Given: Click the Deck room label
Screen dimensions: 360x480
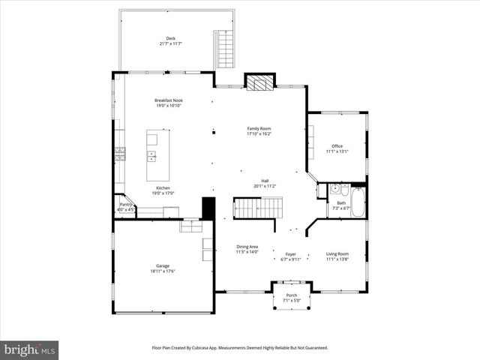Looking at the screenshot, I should point(170,38).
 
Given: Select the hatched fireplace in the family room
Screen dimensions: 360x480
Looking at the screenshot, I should point(259,83).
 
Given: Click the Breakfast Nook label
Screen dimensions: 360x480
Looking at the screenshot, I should point(169,100).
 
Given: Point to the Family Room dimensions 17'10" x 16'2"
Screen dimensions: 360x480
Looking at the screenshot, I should point(259,134).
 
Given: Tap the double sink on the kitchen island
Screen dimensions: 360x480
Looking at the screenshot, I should point(151,156).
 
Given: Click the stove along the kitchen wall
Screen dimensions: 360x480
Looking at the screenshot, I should point(119,154).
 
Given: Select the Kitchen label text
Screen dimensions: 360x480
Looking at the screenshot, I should point(163,187).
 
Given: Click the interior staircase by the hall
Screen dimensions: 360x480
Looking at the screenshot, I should point(257,207).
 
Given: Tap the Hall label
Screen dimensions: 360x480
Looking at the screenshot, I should point(265,180).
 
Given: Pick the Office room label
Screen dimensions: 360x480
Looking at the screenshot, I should point(337,145).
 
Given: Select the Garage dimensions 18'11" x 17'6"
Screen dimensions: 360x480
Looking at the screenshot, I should point(163,271).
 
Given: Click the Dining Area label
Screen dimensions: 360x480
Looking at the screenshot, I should point(247,247).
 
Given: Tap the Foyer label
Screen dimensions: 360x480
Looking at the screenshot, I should point(290,254).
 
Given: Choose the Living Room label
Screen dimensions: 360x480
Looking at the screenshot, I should point(337,253).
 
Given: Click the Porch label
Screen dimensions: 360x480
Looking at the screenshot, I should point(292,295).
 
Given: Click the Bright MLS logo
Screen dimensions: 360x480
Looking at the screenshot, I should point(30,349).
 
